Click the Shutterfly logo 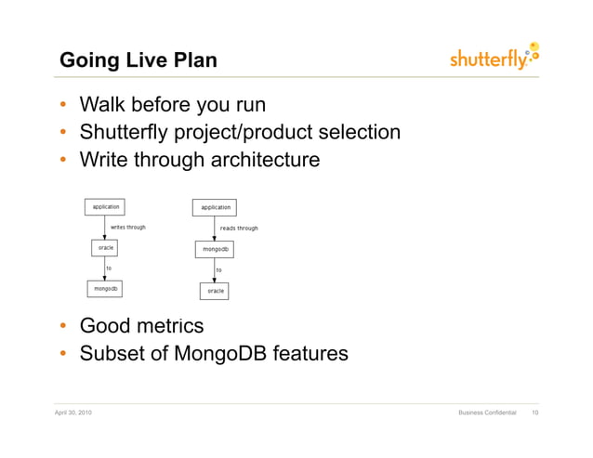point(494,57)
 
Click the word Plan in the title point(195,60)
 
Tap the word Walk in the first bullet point(102,104)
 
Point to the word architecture point(266,160)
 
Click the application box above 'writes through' point(105,207)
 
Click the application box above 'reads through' point(215,207)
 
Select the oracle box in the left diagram point(104,248)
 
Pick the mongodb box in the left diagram point(105,289)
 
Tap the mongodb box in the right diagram point(215,249)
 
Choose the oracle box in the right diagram point(214,291)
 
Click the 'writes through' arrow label point(128,227)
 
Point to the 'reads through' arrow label point(239,229)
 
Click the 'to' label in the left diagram point(109,268)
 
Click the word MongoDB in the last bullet point(220,353)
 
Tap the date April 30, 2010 point(73,412)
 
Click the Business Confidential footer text point(487,412)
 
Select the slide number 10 point(535,412)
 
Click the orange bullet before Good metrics point(63,325)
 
